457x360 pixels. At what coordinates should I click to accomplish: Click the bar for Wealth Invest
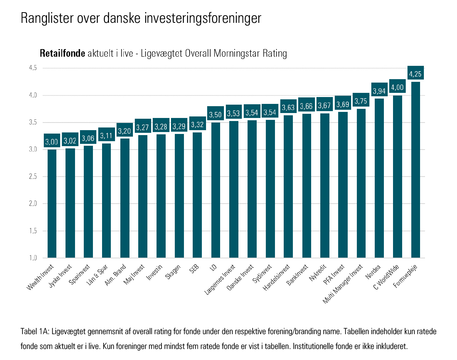point(52,204)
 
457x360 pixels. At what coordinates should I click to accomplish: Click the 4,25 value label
point(415,73)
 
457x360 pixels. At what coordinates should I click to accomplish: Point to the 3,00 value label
point(52,142)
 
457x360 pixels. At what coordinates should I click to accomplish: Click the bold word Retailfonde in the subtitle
point(62,54)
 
